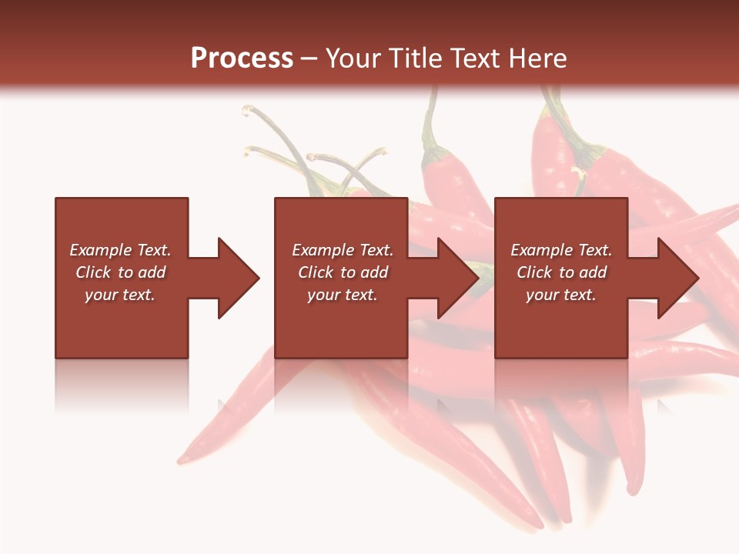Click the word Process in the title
tap(242, 58)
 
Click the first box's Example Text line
tap(120, 250)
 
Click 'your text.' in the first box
tap(120, 295)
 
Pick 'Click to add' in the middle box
tap(343, 272)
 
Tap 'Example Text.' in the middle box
tap(343, 250)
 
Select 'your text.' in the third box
tap(561, 295)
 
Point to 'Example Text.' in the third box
tap(561, 250)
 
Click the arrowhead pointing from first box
tap(235, 278)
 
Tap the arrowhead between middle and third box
tap(455, 278)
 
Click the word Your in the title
tap(352, 58)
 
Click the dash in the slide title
tap(309, 58)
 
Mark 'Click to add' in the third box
tap(561, 272)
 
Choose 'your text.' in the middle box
tap(343, 295)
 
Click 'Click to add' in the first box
tap(120, 272)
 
